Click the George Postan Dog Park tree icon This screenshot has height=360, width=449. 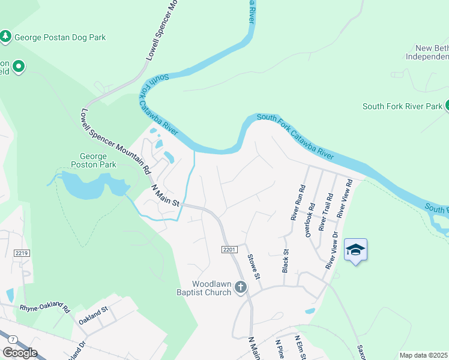pyautogui.click(x=6, y=37)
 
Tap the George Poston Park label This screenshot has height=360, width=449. pyautogui.click(x=93, y=160)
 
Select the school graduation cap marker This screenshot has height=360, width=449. pyautogui.click(x=355, y=250)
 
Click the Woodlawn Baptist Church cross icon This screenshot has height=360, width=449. pyautogui.click(x=240, y=287)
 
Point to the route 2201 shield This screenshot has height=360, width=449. pyautogui.click(x=228, y=249)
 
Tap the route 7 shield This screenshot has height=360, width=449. pyautogui.click(x=13, y=340)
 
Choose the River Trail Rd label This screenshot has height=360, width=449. pyautogui.click(x=325, y=212)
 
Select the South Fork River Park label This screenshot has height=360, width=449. pyautogui.click(x=402, y=107)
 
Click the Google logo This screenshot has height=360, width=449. pyautogui.click(x=20, y=353)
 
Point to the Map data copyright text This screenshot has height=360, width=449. pyautogui.click(x=424, y=355)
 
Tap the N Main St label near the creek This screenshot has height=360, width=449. pyautogui.click(x=164, y=196)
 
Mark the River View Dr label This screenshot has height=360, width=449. pyautogui.click(x=331, y=251)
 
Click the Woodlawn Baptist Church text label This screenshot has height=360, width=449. pyautogui.click(x=211, y=288)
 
